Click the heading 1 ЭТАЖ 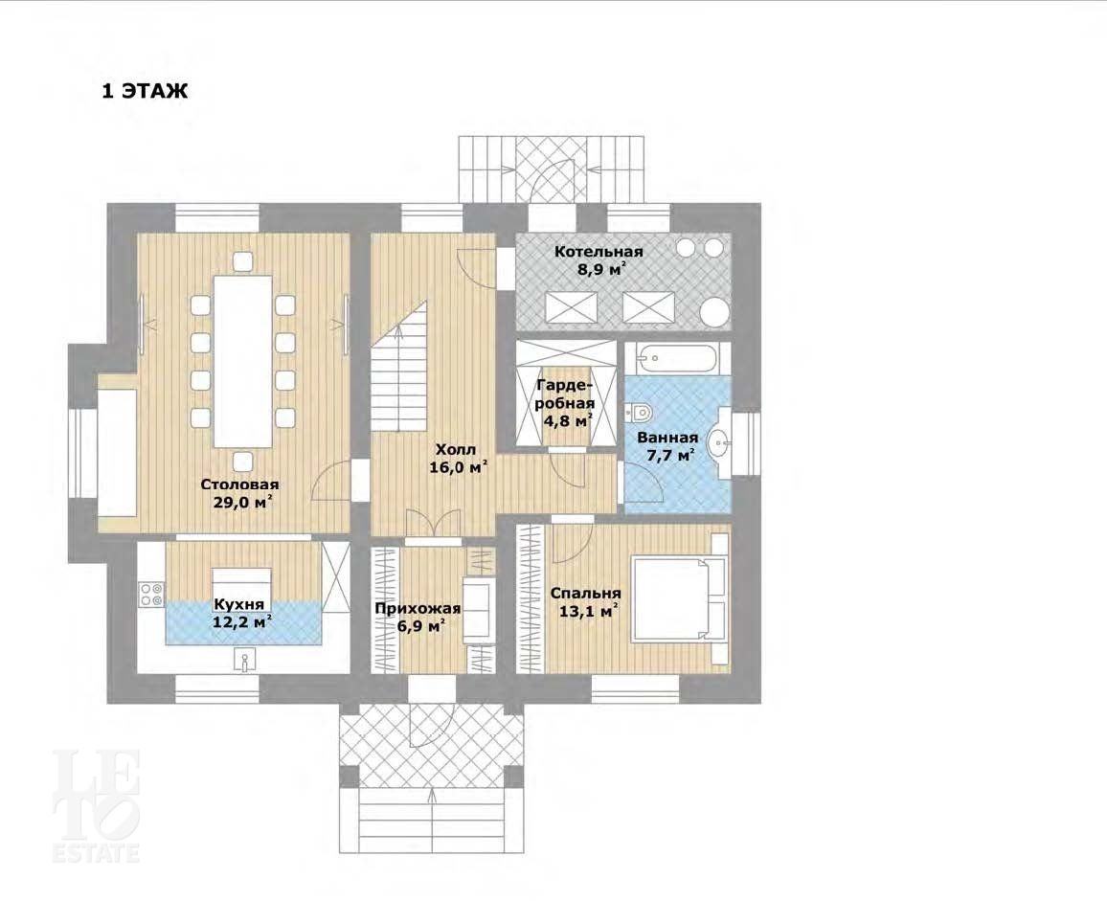tap(146, 91)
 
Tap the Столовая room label tap(239, 484)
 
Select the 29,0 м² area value tap(243, 502)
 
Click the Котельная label tap(598, 252)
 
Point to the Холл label tap(456, 449)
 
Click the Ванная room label tap(667, 437)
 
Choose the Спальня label tap(585, 593)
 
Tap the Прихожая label tap(418, 609)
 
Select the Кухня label tap(238, 604)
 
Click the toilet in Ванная tap(639, 411)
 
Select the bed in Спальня tap(678, 599)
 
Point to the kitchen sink tap(243, 660)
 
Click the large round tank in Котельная tap(714, 313)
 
